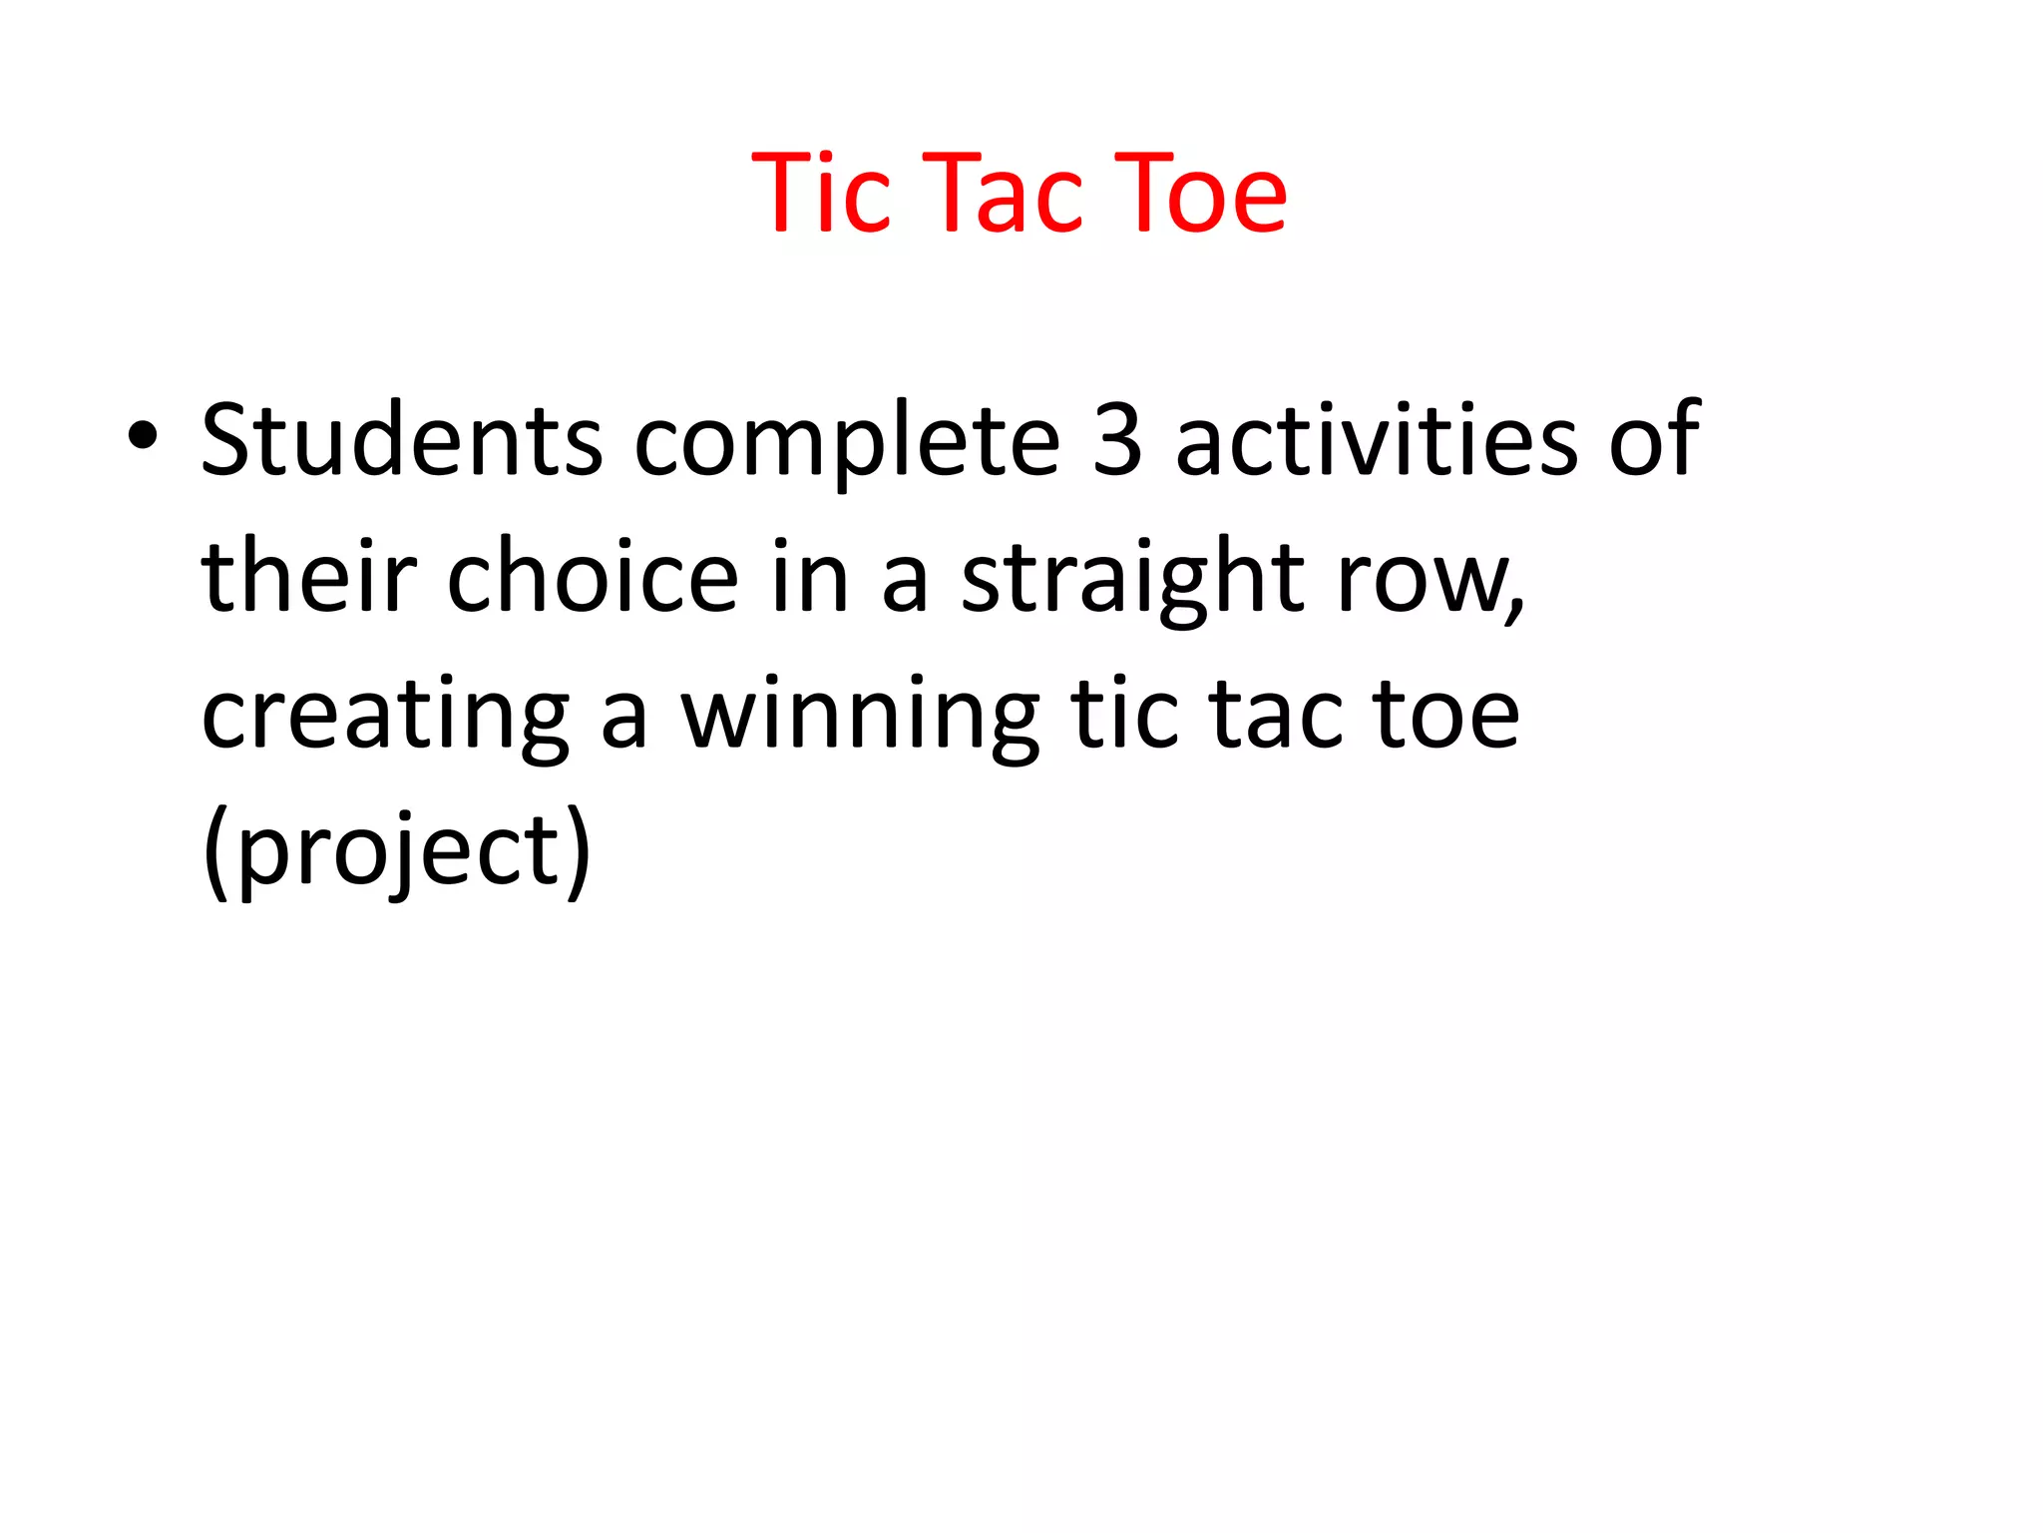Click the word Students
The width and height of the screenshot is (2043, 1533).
[402, 439]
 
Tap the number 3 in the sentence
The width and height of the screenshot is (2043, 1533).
[1117, 439]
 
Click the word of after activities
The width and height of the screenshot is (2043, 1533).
[1654, 439]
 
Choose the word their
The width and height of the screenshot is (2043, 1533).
[308, 576]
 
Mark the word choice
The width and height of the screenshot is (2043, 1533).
[593, 576]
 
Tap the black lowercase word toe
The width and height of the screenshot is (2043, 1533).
[1445, 715]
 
